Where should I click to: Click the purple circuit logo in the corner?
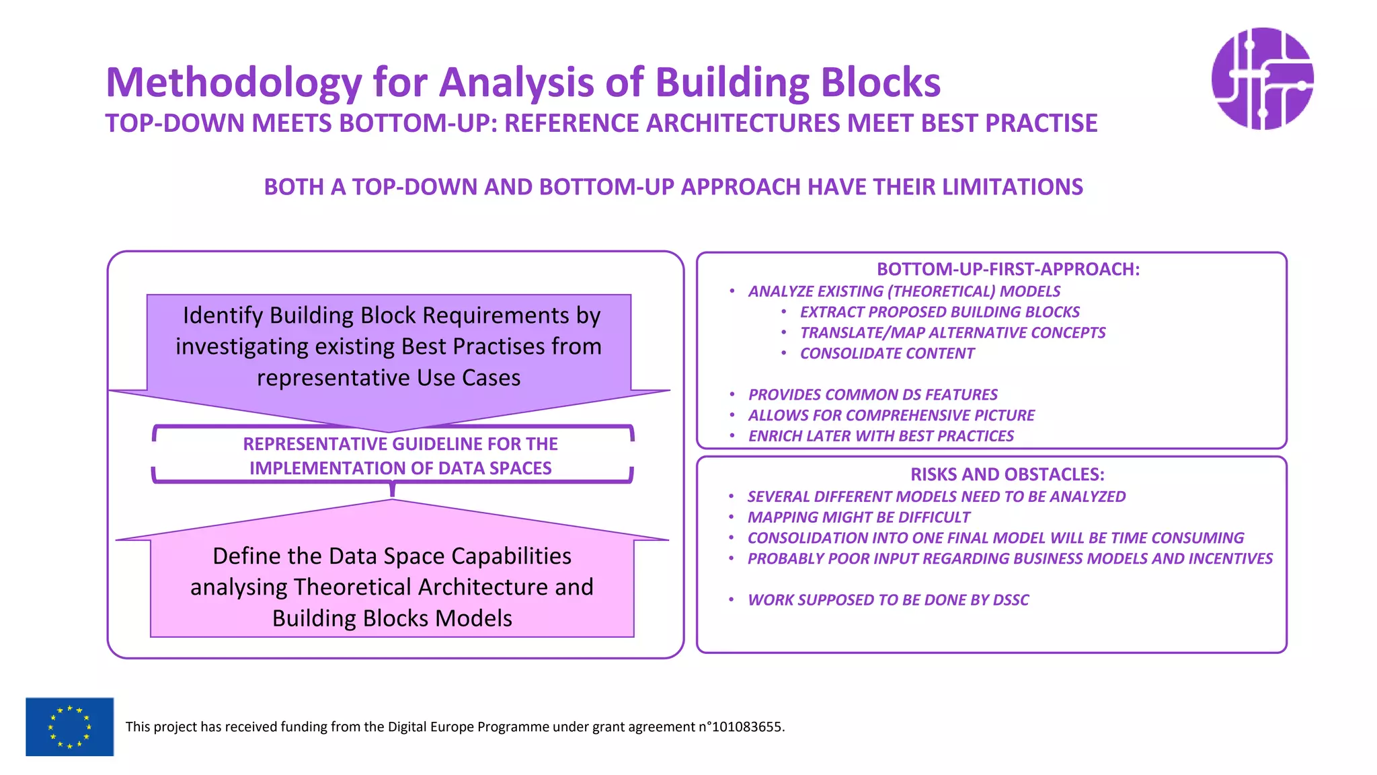pyautogui.click(x=1262, y=79)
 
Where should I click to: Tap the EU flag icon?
pyautogui.click(x=69, y=727)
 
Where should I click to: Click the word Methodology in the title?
pyautogui.click(x=233, y=83)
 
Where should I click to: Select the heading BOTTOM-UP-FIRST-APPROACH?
pyautogui.click(x=1007, y=269)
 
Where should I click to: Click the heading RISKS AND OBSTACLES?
pyautogui.click(x=1007, y=474)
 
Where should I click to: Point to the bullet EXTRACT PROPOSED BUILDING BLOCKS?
pyautogui.click(x=939, y=312)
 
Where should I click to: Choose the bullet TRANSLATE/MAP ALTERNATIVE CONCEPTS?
pyautogui.click(x=952, y=333)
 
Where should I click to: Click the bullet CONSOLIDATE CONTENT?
pyautogui.click(x=886, y=354)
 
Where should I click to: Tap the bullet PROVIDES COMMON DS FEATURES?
pyautogui.click(x=872, y=395)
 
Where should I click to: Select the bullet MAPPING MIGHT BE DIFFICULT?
pyautogui.click(x=859, y=517)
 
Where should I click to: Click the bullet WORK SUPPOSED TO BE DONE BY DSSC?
pyautogui.click(x=888, y=600)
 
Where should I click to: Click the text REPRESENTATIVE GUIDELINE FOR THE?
pyautogui.click(x=400, y=444)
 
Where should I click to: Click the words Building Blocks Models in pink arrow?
pyautogui.click(x=392, y=618)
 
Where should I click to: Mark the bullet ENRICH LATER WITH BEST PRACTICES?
pyautogui.click(x=880, y=436)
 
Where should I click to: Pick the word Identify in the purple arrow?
pyautogui.click(x=223, y=316)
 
